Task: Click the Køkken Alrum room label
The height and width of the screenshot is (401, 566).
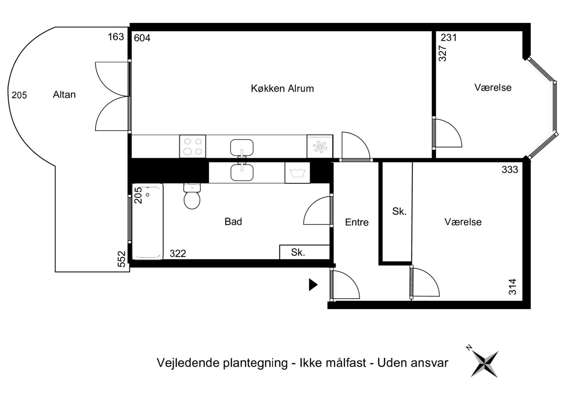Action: [282, 89]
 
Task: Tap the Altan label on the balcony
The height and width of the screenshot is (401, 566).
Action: [64, 95]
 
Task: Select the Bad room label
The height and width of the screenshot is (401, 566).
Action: [233, 222]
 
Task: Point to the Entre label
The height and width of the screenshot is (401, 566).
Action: [357, 222]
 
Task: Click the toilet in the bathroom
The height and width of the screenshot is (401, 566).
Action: [192, 196]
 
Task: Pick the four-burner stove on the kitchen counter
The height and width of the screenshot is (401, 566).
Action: [192, 147]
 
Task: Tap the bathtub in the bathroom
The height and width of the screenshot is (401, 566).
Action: [148, 222]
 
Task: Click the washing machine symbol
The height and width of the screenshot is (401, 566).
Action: [298, 173]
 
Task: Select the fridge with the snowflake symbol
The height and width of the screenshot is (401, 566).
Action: [320, 147]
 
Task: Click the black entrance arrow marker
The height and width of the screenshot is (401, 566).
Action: [313, 285]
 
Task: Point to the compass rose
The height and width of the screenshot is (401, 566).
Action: [484, 363]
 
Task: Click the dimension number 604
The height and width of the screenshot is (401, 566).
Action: [142, 38]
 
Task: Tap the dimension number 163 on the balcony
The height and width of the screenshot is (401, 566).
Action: [116, 37]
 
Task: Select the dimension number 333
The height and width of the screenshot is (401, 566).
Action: [510, 170]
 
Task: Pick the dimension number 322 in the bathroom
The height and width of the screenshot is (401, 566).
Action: [178, 254]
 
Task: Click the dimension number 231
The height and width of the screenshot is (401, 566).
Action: [449, 38]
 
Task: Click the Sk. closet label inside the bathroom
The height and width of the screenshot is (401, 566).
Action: [298, 252]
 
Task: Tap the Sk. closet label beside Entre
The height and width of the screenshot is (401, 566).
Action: [399, 211]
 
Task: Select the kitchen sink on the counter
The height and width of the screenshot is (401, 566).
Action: [242, 147]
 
